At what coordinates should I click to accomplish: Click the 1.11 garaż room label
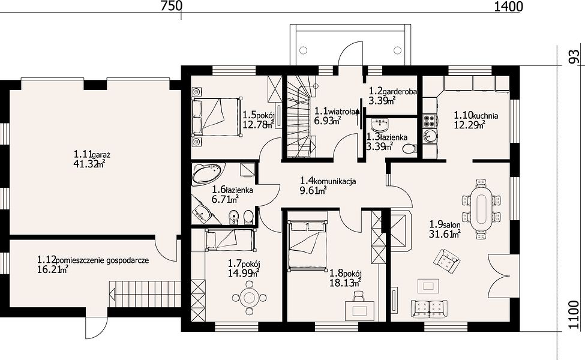pyautogui.click(x=92, y=154)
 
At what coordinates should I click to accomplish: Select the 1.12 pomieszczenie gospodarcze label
pyautogui.click(x=93, y=260)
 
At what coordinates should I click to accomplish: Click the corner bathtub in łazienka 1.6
pyautogui.click(x=206, y=174)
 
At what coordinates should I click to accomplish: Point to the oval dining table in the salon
pyautogui.click(x=481, y=209)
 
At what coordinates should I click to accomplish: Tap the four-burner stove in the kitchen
pyautogui.click(x=430, y=121)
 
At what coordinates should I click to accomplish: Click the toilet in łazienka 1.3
pyautogui.click(x=410, y=148)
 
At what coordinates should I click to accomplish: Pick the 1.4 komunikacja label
pyautogui.click(x=328, y=181)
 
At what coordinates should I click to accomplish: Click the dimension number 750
pyautogui.click(x=171, y=7)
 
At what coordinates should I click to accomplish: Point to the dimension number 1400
pyautogui.click(x=509, y=7)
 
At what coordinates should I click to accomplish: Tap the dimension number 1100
pyautogui.click(x=575, y=315)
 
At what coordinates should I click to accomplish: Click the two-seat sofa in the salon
pyautogui.click(x=429, y=308)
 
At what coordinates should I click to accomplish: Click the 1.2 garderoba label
pyautogui.click(x=393, y=91)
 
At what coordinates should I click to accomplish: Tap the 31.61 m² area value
pyautogui.click(x=445, y=234)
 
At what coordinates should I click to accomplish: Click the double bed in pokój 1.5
pyautogui.click(x=215, y=116)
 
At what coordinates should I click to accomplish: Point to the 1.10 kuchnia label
pyautogui.click(x=476, y=115)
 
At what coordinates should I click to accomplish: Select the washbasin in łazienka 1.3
pyautogui.click(x=380, y=123)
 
